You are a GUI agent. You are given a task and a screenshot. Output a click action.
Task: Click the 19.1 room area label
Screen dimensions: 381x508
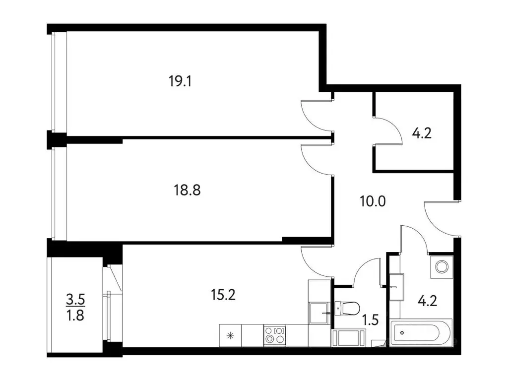tap(180, 81)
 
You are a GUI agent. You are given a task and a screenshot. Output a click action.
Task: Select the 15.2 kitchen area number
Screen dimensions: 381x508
tap(222, 295)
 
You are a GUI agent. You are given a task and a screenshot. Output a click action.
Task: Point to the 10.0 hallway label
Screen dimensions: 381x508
tap(372, 201)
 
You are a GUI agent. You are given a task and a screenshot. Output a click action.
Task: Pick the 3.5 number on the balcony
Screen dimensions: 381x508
tap(76, 299)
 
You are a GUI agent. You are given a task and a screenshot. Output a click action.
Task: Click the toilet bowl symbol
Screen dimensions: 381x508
tap(348, 308)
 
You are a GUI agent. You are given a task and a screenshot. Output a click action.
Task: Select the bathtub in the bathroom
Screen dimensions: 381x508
tap(421, 333)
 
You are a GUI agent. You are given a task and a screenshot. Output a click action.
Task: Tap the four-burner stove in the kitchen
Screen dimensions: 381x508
tap(274, 335)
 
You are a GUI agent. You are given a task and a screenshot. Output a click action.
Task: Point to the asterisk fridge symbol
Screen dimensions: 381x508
tap(230, 335)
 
